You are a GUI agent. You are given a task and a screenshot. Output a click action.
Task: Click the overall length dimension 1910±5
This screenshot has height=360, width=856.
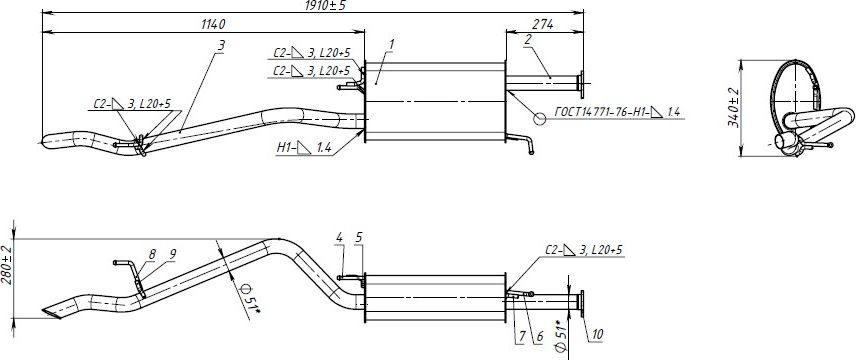[x=325, y=5]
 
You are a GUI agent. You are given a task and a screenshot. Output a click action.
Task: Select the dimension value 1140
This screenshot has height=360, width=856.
[x=213, y=25]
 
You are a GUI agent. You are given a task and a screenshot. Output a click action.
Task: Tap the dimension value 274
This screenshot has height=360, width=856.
[x=544, y=25]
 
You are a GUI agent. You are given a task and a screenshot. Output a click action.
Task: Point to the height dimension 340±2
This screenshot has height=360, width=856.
[x=733, y=108]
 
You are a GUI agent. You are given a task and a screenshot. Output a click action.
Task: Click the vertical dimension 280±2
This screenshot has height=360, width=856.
[x=6, y=265]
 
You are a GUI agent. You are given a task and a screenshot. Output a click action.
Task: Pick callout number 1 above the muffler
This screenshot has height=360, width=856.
[x=391, y=43]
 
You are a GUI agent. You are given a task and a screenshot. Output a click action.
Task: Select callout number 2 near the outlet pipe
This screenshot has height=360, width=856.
[x=528, y=39]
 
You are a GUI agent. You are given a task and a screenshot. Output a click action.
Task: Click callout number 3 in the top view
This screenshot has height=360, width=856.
[x=221, y=45]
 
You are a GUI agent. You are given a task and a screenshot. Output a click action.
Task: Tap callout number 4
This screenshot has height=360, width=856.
[x=339, y=238]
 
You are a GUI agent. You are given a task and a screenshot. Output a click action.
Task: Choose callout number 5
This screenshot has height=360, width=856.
[x=358, y=238]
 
